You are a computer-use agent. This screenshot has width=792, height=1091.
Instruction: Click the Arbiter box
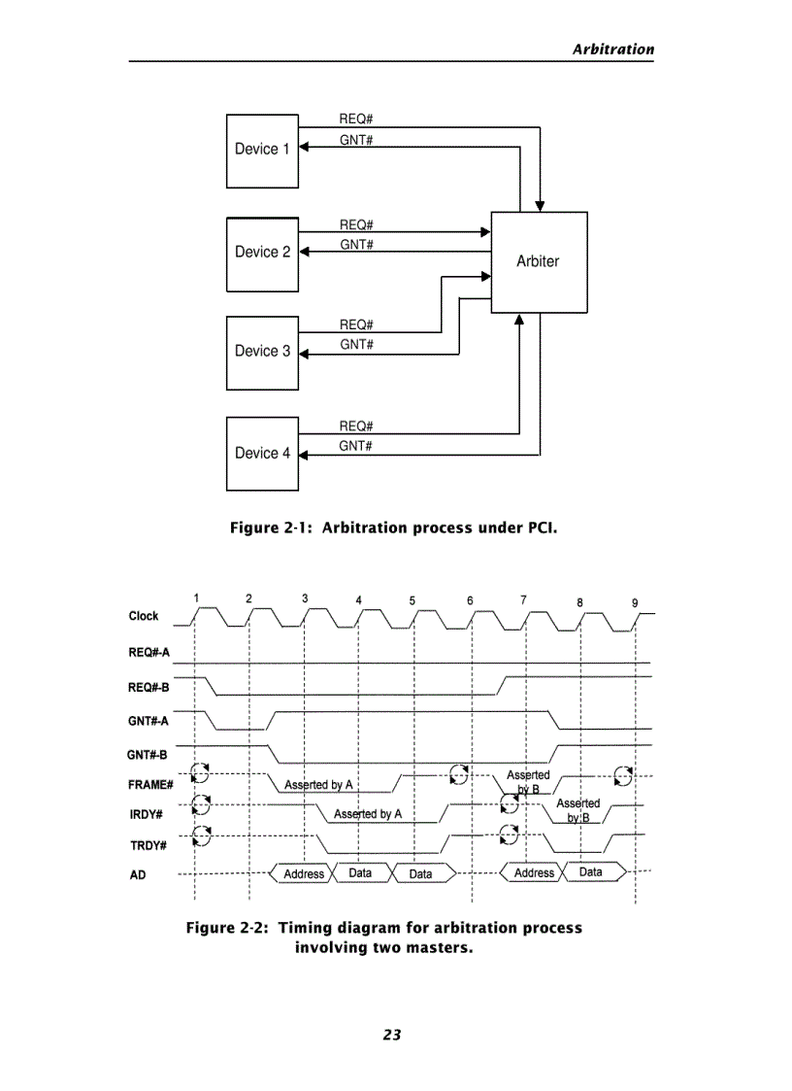point(539,261)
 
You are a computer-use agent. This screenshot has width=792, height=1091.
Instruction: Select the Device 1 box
point(262,151)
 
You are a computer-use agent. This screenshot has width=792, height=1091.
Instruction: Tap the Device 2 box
point(262,253)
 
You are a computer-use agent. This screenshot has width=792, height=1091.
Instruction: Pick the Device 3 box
point(262,352)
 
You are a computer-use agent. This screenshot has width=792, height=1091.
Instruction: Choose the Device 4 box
point(262,454)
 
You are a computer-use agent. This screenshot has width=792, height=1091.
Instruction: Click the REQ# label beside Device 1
point(356,119)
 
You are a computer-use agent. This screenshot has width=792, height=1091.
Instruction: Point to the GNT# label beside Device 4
point(356,446)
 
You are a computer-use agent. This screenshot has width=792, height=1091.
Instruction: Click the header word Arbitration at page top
point(612,50)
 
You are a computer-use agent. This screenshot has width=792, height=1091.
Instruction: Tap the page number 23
point(392,1035)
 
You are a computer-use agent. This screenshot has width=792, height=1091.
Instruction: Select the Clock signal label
point(144,616)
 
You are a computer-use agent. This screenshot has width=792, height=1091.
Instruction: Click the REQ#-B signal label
point(149,687)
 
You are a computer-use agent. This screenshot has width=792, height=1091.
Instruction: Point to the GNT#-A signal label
point(148,721)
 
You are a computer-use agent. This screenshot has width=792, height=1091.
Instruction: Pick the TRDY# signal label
point(148,845)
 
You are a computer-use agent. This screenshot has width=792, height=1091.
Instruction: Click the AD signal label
point(138,875)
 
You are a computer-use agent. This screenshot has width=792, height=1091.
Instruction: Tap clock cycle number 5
point(412,600)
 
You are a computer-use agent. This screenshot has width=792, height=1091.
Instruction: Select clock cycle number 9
point(635,602)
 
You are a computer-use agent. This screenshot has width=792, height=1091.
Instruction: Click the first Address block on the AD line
point(304,874)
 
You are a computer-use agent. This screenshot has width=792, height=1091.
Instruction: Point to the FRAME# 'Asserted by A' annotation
point(318,785)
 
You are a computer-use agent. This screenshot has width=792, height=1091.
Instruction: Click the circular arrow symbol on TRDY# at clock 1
point(201,835)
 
